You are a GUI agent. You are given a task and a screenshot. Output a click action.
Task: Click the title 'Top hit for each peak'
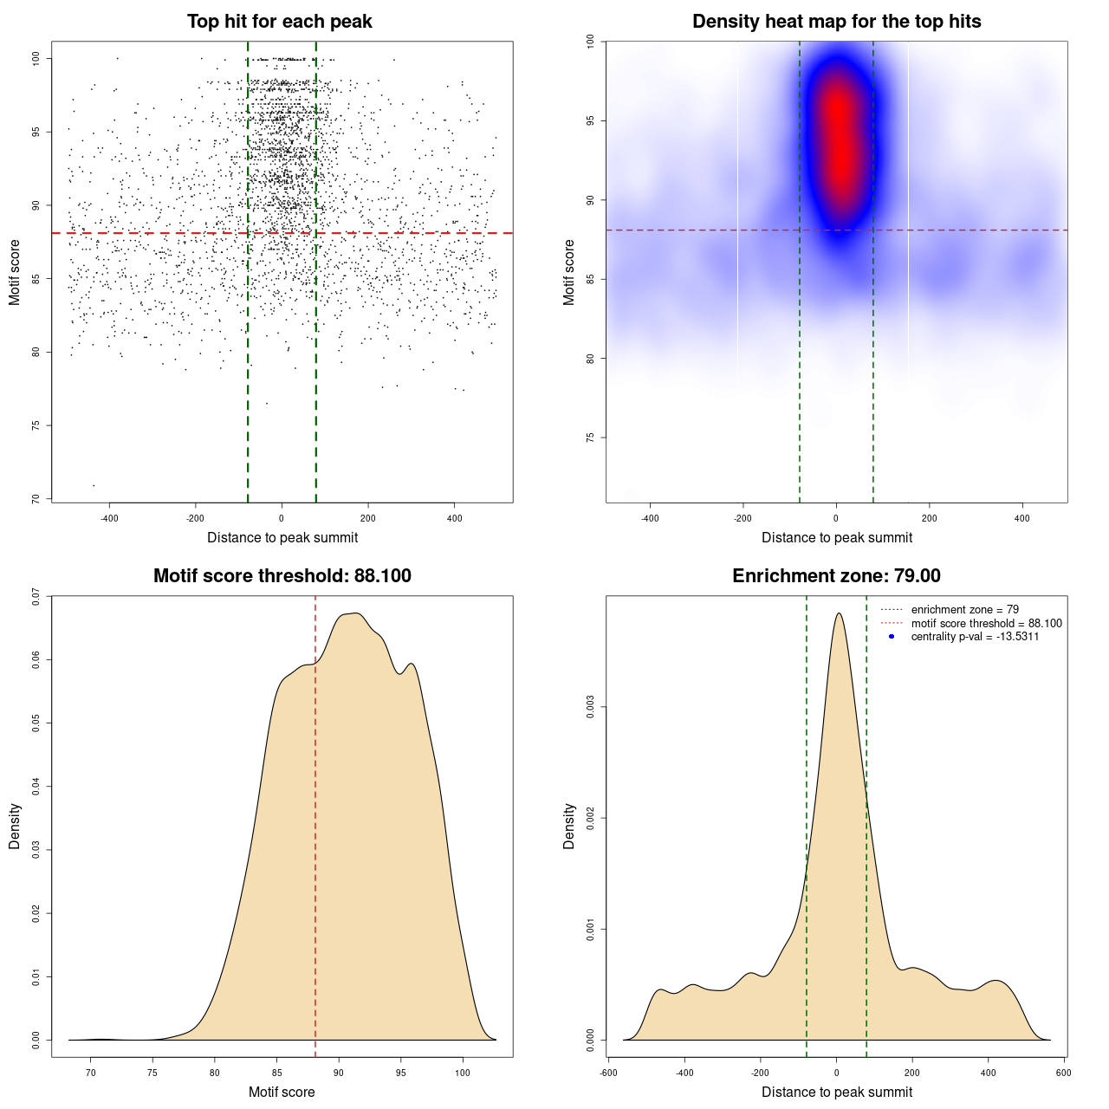pos(279,22)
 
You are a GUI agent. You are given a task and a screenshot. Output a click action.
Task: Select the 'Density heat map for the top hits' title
pos(836,22)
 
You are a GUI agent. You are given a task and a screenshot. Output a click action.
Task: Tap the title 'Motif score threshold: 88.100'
pos(282,576)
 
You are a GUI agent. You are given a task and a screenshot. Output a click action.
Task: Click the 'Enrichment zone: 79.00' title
pos(836,576)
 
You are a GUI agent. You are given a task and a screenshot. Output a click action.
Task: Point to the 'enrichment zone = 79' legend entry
pos(964,610)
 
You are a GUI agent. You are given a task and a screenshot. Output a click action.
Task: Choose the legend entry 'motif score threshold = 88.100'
pos(986,623)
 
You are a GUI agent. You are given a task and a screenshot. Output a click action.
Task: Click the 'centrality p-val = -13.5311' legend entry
pos(975,637)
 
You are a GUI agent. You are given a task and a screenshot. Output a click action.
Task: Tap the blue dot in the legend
pos(892,637)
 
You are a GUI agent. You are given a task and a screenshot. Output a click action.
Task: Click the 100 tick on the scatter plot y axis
pos(36,58)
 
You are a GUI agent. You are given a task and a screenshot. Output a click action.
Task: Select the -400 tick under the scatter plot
pos(109,518)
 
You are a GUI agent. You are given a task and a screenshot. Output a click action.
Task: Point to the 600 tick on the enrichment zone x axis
pos(1064,1073)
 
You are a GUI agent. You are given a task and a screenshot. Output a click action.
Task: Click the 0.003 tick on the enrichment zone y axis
pos(591,707)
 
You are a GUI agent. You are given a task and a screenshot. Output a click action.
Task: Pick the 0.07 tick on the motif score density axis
pos(36,596)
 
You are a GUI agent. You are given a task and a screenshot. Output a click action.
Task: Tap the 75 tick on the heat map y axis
pos(590,438)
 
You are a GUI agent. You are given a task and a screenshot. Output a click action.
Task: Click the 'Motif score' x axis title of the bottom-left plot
pos(282,1092)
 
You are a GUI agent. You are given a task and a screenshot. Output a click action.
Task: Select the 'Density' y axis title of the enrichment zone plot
pos(569,826)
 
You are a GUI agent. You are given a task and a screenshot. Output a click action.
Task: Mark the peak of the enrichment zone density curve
pos(838,613)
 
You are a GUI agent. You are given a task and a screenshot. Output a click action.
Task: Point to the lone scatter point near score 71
pos(94,485)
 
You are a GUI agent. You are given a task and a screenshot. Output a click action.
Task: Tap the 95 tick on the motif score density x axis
pos(400,1073)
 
